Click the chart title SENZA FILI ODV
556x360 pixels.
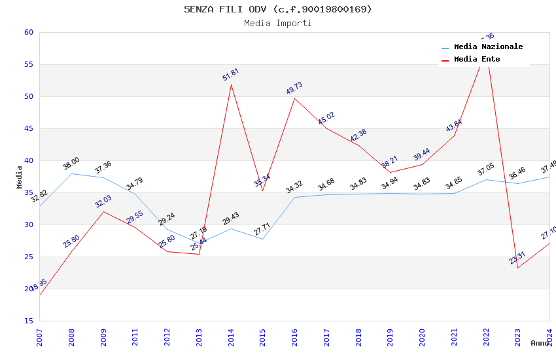click(277, 9)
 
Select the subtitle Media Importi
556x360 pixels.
click(277, 24)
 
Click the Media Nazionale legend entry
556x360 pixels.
click(488, 47)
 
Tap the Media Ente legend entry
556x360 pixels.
click(477, 60)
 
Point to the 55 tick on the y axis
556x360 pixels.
click(28, 65)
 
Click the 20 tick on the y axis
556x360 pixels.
click(28, 289)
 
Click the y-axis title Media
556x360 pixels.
click(20, 177)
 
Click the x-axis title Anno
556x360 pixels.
click(540, 343)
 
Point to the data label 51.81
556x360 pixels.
click(230, 75)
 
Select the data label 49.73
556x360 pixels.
click(294, 88)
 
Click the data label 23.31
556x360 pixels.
click(517, 258)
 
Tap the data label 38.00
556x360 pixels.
click(71, 164)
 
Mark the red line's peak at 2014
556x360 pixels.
click(231, 85)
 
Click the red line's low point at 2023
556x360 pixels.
click(518, 268)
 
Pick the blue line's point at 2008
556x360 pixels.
click(71, 173)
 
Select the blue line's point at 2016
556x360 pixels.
click(294, 197)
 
